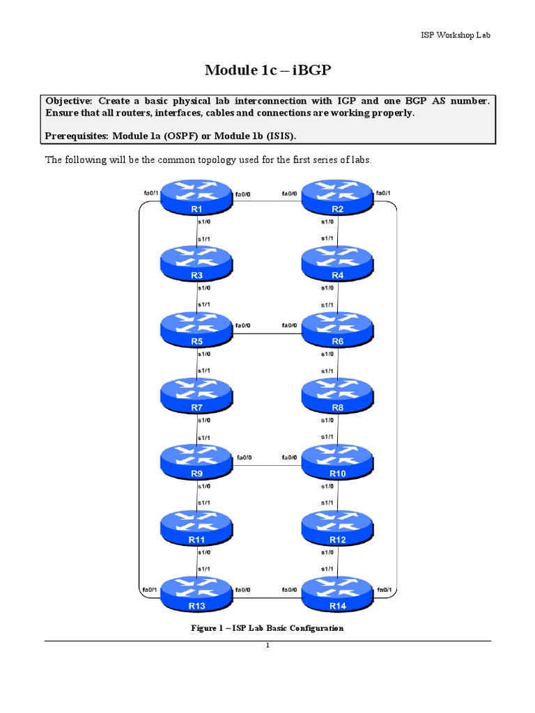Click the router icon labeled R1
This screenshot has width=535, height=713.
196,198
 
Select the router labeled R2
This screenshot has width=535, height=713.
338,198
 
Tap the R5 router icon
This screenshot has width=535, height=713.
196,331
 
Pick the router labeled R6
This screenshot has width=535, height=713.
338,331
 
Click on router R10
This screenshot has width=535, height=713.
338,463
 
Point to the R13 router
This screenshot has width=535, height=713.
196,595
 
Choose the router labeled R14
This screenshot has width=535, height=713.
338,595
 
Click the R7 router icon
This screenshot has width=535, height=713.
196,397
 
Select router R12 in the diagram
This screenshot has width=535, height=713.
338,529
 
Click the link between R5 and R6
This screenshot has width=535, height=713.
267,332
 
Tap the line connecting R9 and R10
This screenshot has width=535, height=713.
267,464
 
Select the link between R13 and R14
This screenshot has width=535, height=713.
267,597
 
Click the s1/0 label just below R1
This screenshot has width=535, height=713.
205,222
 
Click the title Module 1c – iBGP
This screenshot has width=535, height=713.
267,70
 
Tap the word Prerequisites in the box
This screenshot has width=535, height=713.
77,135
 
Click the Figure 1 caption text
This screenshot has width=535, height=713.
267,628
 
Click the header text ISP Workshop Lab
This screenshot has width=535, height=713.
458,36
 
